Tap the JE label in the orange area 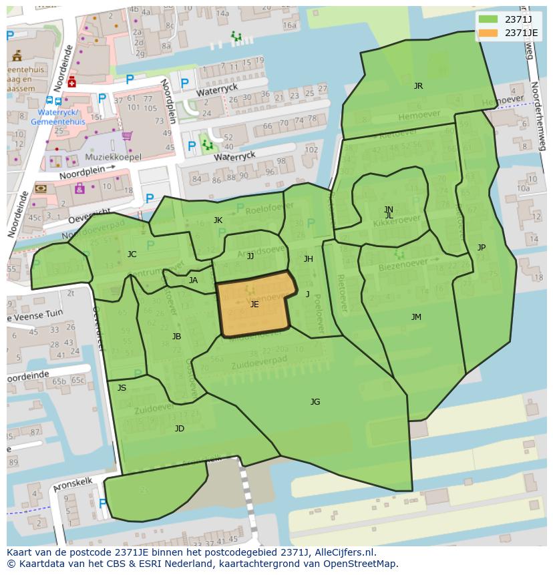pos(254,305)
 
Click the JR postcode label pos(418,86)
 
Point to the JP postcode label pos(482,248)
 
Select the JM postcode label pos(416,317)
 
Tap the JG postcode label pos(315,402)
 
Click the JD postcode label pos(179,429)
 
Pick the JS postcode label pos(122,388)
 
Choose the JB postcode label pos(176,337)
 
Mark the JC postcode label pos(132,254)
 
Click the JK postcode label pos(218,220)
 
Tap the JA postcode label pos(193,280)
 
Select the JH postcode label pos(308,259)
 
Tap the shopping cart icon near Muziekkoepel pos(126,136)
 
